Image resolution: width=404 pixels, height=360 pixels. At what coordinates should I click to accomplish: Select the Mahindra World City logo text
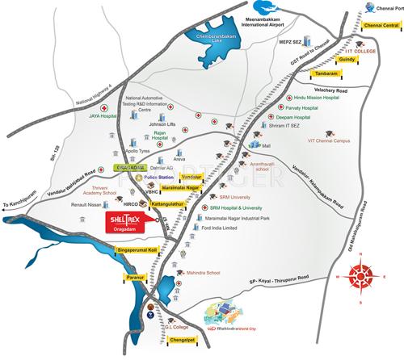[x=244, y=329]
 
